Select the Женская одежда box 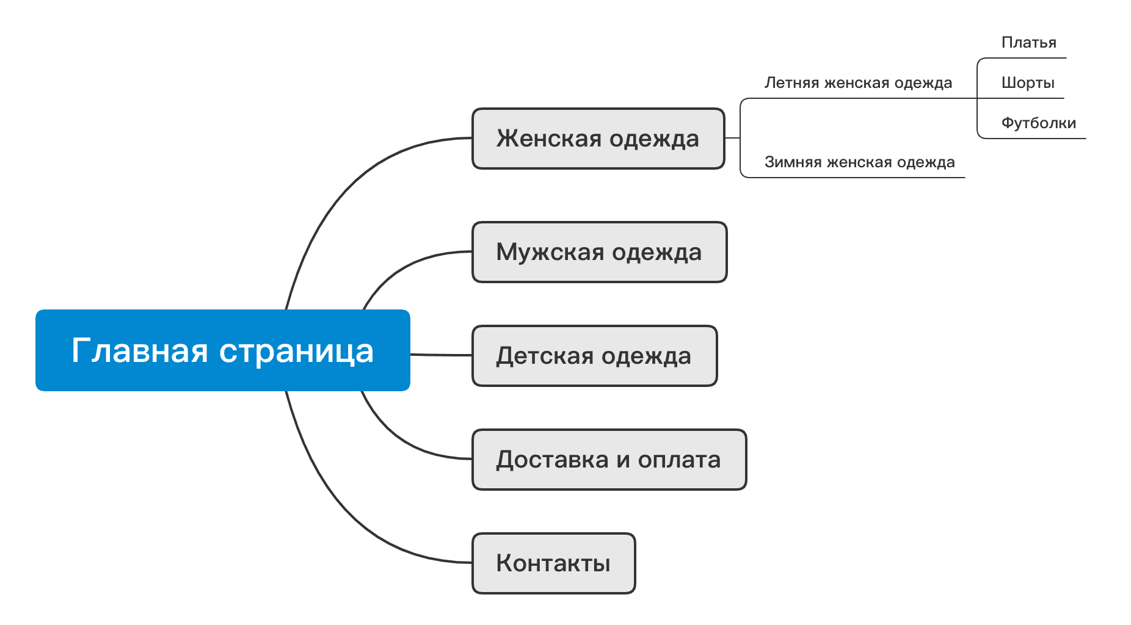click(598, 139)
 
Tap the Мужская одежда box click(599, 252)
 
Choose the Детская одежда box click(594, 356)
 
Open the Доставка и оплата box click(609, 460)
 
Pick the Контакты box click(553, 563)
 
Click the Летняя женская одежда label click(858, 83)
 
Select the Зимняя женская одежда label click(859, 162)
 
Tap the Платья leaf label click(1028, 43)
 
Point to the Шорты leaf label click(1028, 83)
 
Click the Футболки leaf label click(1038, 123)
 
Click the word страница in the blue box click(296, 351)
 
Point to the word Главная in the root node click(140, 351)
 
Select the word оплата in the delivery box click(679, 460)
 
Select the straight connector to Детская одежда click(441, 355)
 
